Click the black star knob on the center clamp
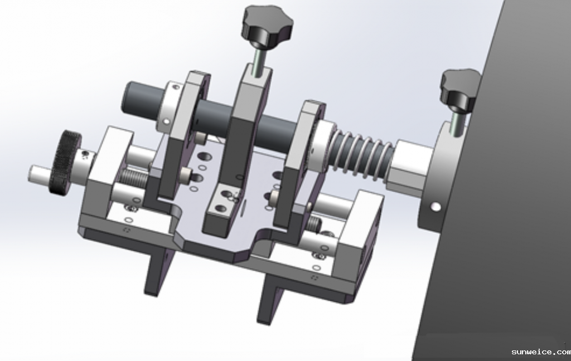point(267,25)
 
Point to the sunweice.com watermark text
point(541,352)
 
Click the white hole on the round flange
point(435,207)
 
